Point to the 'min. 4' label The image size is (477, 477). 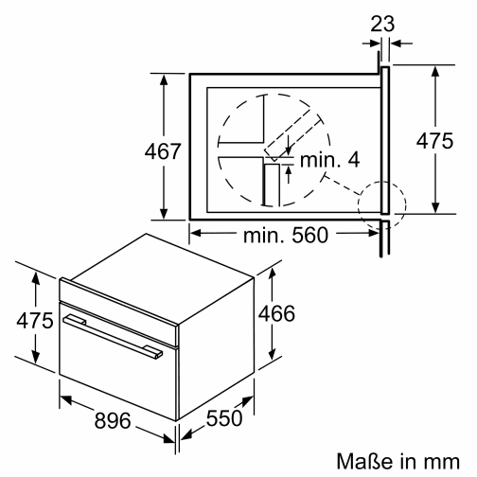(x=328, y=160)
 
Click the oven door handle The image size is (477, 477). (x=109, y=335)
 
